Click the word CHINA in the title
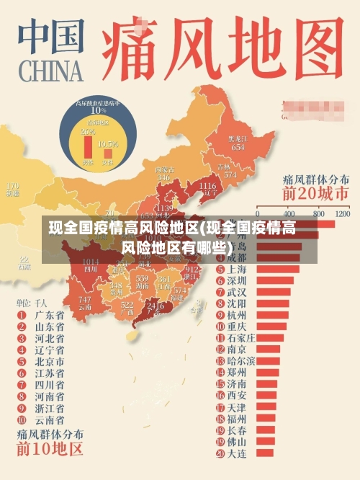(x=48, y=71)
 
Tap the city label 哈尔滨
(x=241, y=360)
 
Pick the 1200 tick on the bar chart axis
(x=342, y=213)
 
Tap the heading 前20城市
(x=315, y=193)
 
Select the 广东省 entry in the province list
(x=50, y=315)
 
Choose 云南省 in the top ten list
(x=50, y=419)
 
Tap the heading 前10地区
(x=50, y=450)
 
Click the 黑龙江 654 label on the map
(x=238, y=143)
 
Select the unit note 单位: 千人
(x=32, y=302)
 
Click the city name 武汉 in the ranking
(x=237, y=292)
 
